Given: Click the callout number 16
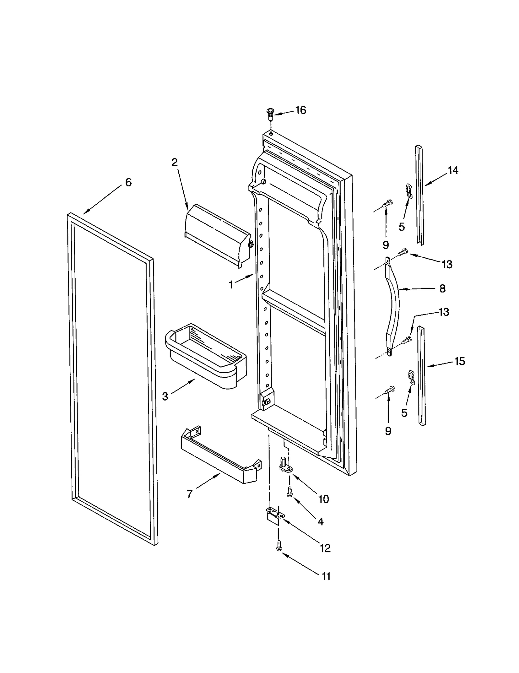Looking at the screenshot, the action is tap(300, 111).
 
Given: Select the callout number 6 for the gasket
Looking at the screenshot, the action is tap(128, 183).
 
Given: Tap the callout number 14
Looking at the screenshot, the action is tap(453, 170).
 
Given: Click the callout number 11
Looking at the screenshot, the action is tap(326, 576).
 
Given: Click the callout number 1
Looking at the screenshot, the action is tap(231, 285).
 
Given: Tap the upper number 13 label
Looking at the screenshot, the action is tap(447, 264).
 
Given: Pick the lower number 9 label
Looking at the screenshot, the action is tap(388, 431).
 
